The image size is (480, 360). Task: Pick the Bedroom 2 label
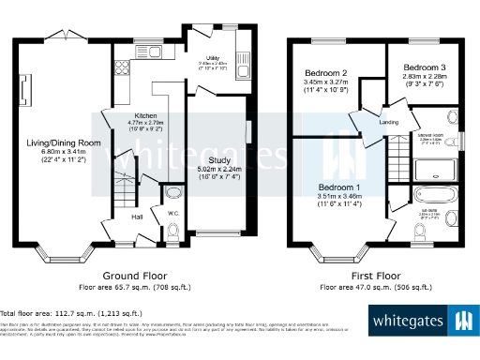pos(325,74)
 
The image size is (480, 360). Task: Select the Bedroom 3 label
pos(425,68)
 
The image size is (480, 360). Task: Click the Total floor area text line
pos(71,313)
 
